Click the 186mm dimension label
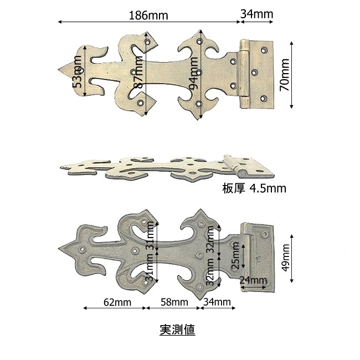pos(148,16)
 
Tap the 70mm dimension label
pos(285,75)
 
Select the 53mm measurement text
pos(77,71)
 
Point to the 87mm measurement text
pos(138,72)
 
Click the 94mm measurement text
pos(193,73)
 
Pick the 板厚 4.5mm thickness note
pos(254,188)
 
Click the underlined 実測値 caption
pos(177,330)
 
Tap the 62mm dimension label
pos(117,302)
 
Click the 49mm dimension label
pos(286,258)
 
